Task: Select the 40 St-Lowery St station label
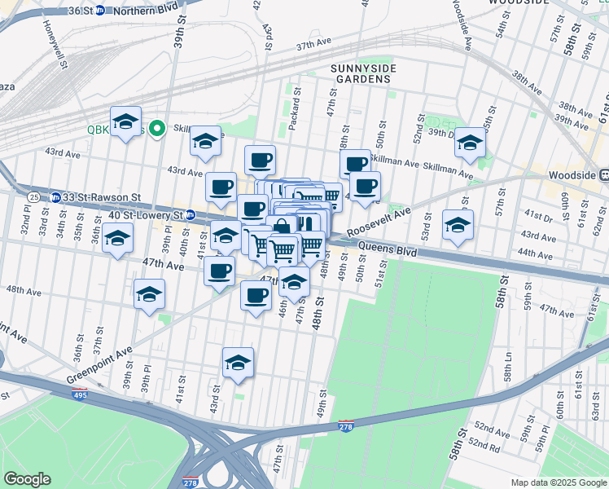click(x=147, y=214)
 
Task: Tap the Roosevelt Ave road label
click(x=379, y=220)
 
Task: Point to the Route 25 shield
click(x=33, y=197)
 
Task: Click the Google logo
click(x=27, y=479)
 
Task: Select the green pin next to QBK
click(x=161, y=128)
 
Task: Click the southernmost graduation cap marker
click(x=238, y=363)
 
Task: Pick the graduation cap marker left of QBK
click(x=125, y=122)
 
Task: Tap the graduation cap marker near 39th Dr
click(x=470, y=143)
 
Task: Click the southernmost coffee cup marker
click(x=255, y=295)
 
